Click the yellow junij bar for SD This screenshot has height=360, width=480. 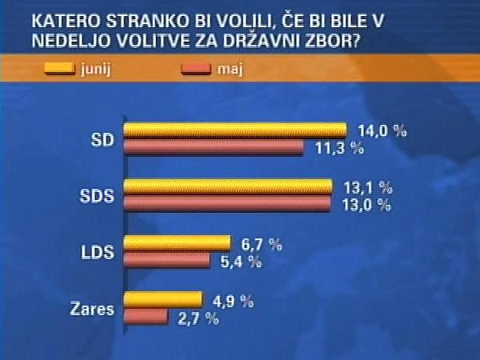pyautogui.click(x=235, y=130)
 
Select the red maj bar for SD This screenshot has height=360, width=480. pyautogui.click(x=214, y=148)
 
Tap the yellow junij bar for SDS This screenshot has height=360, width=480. pyautogui.click(x=229, y=187)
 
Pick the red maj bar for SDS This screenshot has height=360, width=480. pyautogui.click(x=228, y=204)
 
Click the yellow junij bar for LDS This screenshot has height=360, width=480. pyautogui.click(x=178, y=243)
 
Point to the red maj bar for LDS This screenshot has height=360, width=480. pyautogui.click(x=167, y=261)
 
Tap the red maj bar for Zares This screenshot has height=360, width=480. pyautogui.click(x=146, y=318)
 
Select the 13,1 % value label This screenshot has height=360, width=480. pyautogui.click(x=365, y=188)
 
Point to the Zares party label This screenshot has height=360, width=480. pyautogui.click(x=94, y=309)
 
